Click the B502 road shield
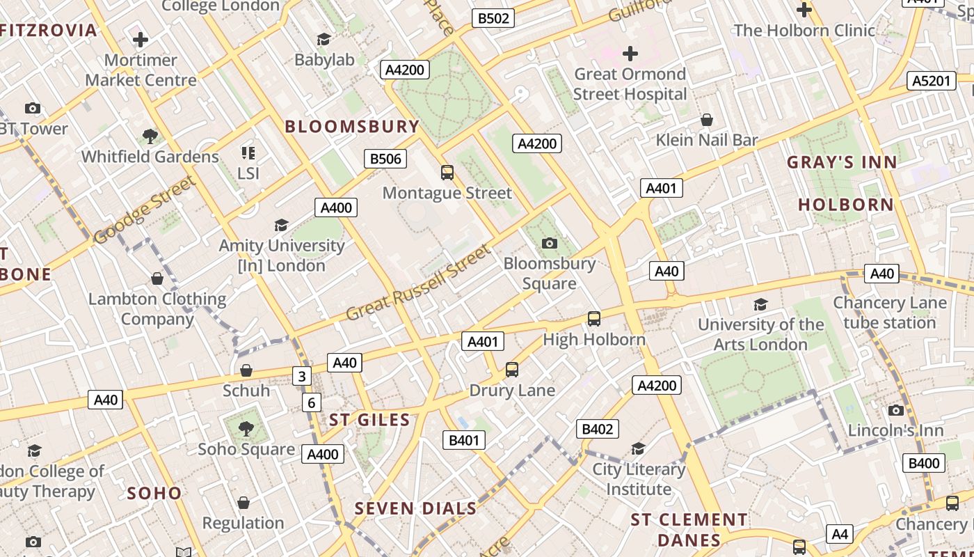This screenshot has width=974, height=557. (493, 18)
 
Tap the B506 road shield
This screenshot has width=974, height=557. (385, 159)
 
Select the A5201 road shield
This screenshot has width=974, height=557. (932, 81)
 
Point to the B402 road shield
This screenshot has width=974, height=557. (597, 429)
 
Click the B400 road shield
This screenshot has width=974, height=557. (924, 463)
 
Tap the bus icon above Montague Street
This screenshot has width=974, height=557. (447, 172)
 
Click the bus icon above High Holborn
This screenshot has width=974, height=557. (594, 318)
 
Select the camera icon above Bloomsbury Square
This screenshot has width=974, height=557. (550, 243)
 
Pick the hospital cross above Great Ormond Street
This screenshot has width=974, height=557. (630, 54)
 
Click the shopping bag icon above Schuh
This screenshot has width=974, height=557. (246, 370)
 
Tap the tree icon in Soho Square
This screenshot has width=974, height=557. (246, 428)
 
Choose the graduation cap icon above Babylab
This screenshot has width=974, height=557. (324, 40)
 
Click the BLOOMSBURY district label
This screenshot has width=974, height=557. (352, 127)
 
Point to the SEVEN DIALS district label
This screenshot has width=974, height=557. (415, 509)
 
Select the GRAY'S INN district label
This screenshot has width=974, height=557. (842, 162)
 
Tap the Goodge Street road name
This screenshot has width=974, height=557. (145, 210)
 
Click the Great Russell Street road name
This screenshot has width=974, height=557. (418, 282)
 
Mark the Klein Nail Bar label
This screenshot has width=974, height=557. (707, 140)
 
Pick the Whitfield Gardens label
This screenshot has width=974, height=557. (150, 157)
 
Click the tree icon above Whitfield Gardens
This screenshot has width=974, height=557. (150, 136)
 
